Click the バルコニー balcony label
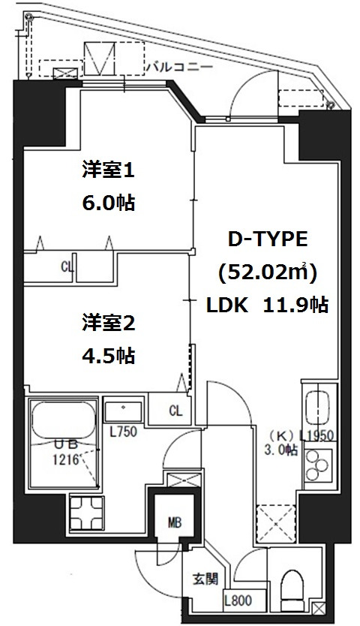179,67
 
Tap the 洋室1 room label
107,170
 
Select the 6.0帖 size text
107,203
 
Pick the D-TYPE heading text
268,240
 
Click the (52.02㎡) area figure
268,272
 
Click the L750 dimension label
123,432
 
